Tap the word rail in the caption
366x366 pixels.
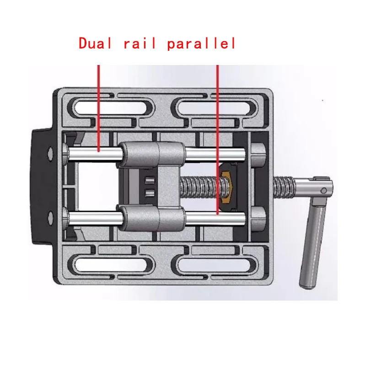tap(140, 43)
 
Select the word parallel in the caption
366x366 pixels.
tap(201, 43)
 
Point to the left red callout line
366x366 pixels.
tap(98, 105)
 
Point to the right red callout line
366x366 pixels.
tap(217, 137)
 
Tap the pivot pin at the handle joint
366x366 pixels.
tap(323, 189)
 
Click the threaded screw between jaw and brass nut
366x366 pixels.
tap(201, 185)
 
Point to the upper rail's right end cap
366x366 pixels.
tap(258, 153)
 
